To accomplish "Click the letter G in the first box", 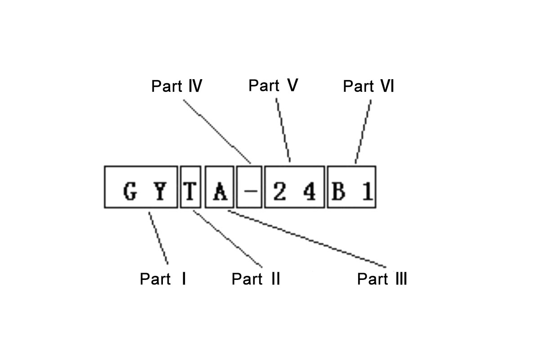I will [130, 193].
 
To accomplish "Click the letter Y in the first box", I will [159, 193].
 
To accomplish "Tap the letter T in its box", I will [190, 193].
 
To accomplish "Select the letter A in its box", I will [220, 193].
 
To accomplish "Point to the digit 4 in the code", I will [309, 193].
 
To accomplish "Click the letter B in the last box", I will [338, 193].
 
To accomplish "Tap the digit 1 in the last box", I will [367, 193].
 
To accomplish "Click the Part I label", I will [163, 279].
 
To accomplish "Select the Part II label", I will [256, 279].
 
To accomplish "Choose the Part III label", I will [382, 279].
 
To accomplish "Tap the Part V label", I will [273, 85].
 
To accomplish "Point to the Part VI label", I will [368, 86].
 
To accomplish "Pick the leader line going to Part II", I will [227, 238].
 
